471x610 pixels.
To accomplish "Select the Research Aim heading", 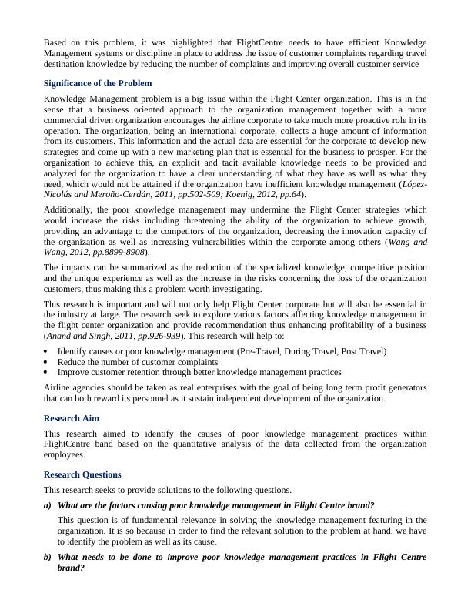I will (x=73, y=417).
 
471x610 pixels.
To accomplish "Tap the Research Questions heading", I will (x=82, y=474).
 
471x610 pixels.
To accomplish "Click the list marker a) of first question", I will (x=48, y=505).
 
